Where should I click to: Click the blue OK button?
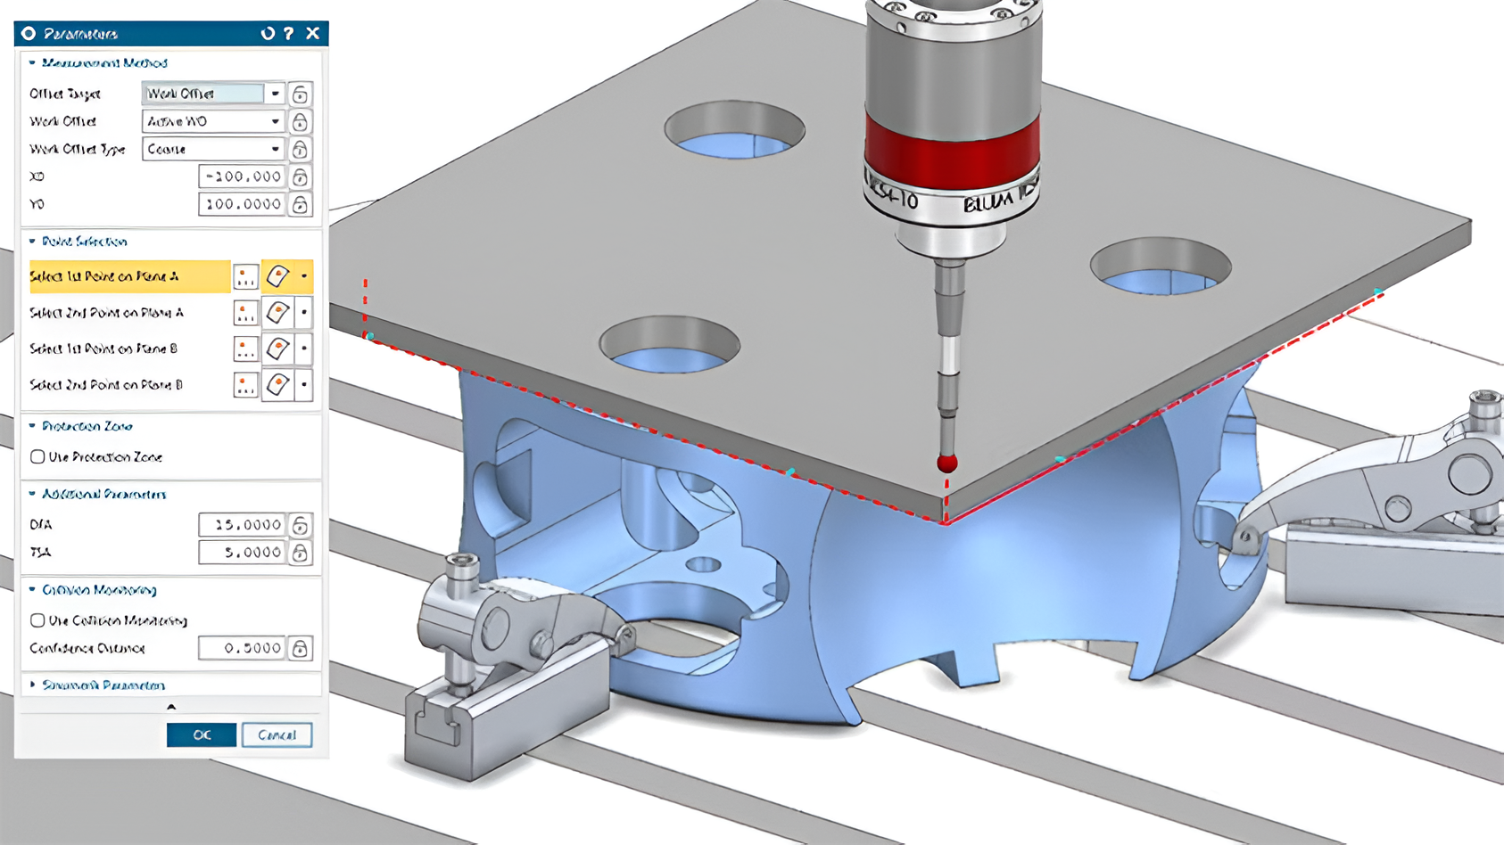pyautogui.click(x=202, y=734)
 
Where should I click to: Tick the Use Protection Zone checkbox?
pyautogui.click(x=37, y=456)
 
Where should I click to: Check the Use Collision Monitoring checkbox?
pyautogui.click(x=37, y=620)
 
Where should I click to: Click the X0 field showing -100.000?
pyautogui.click(x=242, y=176)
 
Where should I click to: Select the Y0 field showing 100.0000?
pyautogui.click(x=242, y=204)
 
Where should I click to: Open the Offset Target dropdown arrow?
pyautogui.click(x=275, y=94)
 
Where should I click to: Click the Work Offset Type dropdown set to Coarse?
pyautogui.click(x=212, y=149)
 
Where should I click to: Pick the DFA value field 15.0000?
pyautogui.click(x=242, y=524)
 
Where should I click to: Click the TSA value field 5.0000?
pyautogui.click(x=242, y=552)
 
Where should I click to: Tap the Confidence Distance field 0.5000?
pyautogui.click(x=242, y=648)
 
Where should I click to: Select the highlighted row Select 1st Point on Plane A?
pyautogui.click(x=129, y=276)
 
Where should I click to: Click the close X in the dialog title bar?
pyautogui.click(x=312, y=33)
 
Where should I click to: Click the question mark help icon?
pyautogui.click(x=288, y=33)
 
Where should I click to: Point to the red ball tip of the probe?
pyautogui.click(x=946, y=463)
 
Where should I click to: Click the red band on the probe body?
pyautogui.click(x=951, y=152)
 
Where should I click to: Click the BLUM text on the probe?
pyautogui.click(x=988, y=202)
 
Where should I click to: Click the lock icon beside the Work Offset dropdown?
pyautogui.click(x=300, y=121)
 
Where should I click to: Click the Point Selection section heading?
pyautogui.click(x=84, y=242)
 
